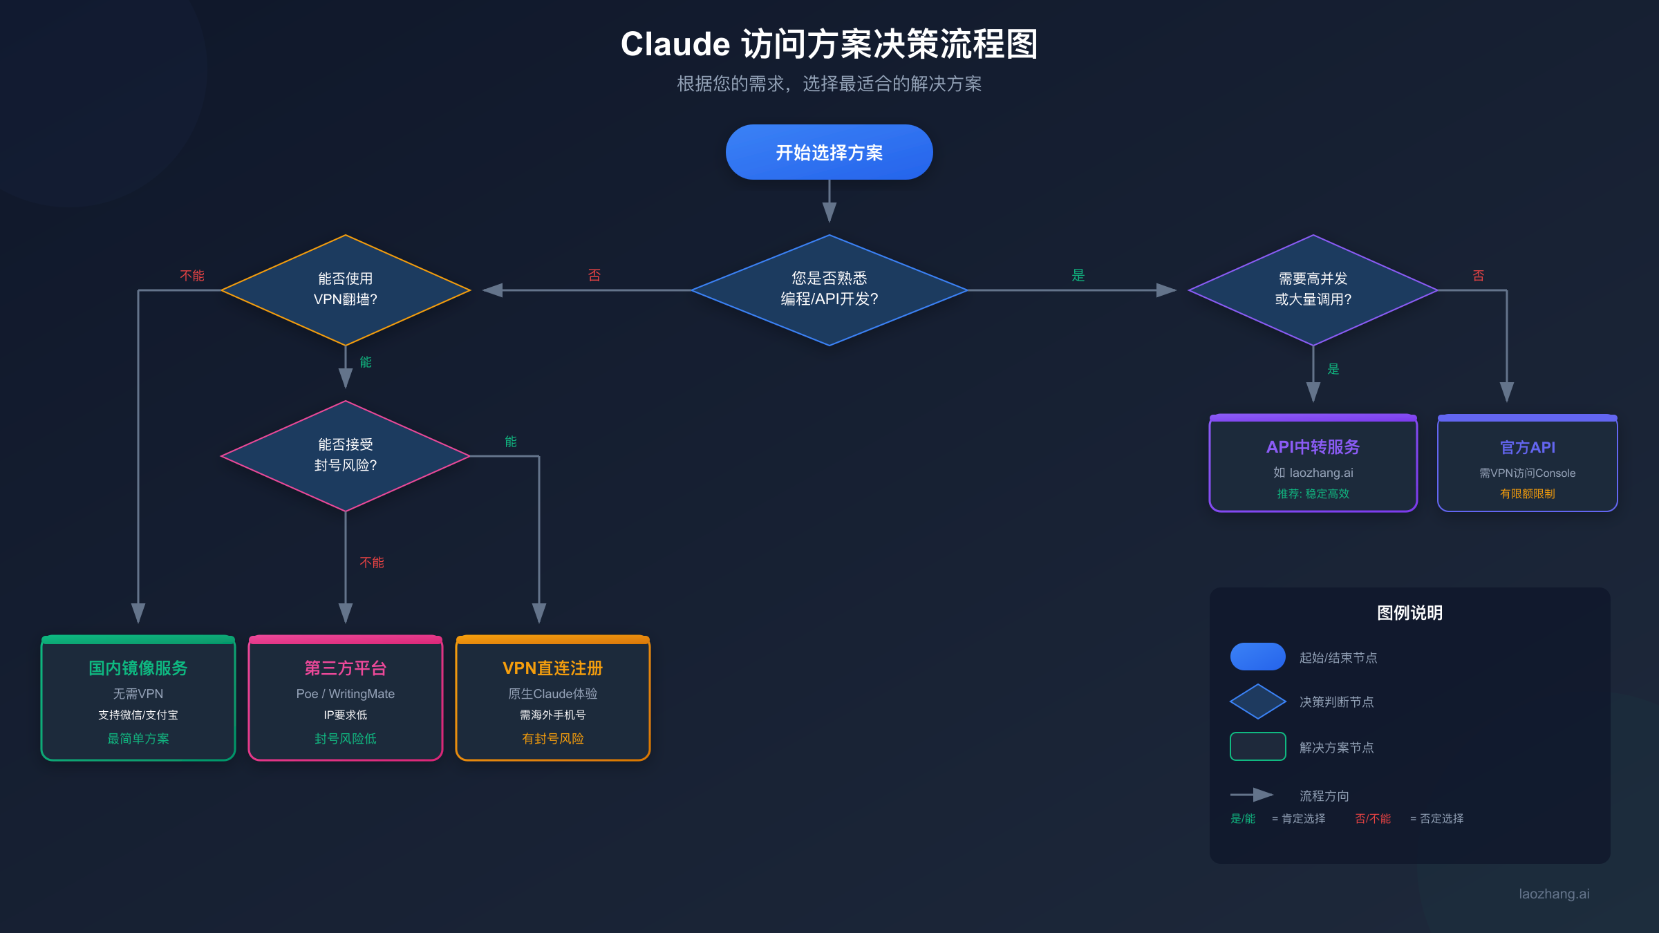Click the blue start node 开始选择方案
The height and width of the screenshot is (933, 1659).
click(829, 152)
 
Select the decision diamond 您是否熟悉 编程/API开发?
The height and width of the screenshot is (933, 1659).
click(829, 290)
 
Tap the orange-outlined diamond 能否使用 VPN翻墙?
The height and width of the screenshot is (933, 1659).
click(345, 290)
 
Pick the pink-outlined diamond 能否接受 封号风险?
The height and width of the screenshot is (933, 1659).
click(345, 455)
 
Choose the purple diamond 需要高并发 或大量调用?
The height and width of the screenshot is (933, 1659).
click(1313, 290)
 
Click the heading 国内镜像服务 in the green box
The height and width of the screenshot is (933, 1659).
click(138, 668)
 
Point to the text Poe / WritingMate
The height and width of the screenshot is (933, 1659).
click(345, 693)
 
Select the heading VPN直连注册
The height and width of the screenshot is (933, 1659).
click(552, 668)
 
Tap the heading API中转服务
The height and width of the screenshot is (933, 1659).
click(1313, 447)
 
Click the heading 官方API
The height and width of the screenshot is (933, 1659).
click(1527, 447)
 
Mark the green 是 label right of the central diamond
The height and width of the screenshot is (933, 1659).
click(1078, 275)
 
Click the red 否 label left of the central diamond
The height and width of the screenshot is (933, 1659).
click(594, 275)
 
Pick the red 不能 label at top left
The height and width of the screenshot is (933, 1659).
click(191, 275)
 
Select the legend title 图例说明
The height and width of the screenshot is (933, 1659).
click(1409, 612)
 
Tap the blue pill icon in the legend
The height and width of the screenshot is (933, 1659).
click(1257, 657)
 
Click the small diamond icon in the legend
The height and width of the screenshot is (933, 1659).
click(1257, 701)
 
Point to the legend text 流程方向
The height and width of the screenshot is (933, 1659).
click(1324, 795)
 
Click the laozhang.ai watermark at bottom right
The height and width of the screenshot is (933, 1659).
click(1553, 894)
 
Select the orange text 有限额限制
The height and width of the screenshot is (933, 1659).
click(1527, 493)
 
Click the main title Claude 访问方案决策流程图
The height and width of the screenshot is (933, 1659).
click(829, 44)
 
